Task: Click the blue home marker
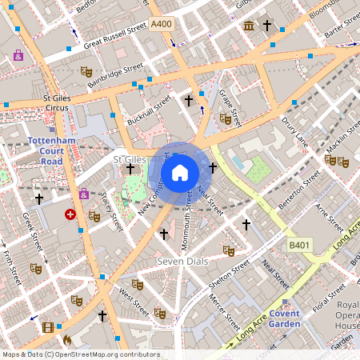pyautogui.click(x=180, y=172)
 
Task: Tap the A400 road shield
pyautogui.click(x=161, y=25)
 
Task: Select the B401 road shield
pyautogui.click(x=299, y=245)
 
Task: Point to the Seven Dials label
pyautogui.click(x=182, y=262)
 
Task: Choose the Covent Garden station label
pyautogui.click(x=284, y=318)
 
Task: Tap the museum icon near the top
pyautogui.click(x=248, y=26)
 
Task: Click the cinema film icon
pyautogui.click(x=48, y=327)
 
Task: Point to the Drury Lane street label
pyautogui.click(x=295, y=131)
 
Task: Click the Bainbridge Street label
pyautogui.click(x=115, y=76)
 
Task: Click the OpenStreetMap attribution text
pyautogui.click(x=80, y=354)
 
